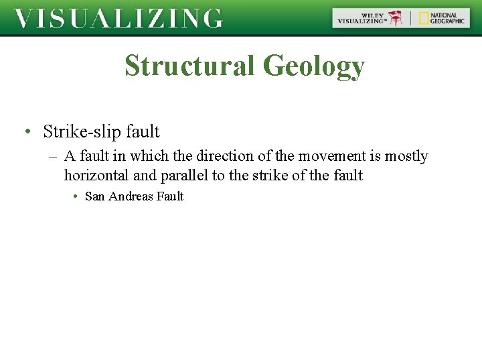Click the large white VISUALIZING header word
pos(118,19)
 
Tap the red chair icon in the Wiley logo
pos(398,18)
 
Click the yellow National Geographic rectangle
pos(424,18)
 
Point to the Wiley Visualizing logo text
pos(362,18)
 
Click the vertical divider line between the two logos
pos(411,18)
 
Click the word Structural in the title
pos(189,66)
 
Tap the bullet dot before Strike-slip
pos(27,131)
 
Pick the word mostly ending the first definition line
pos(406,156)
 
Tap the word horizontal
pos(94,176)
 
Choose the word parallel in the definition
pos(183,176)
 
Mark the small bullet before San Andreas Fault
pos(76,196)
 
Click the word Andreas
pos(130,196)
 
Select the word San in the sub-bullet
pos(94,196)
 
